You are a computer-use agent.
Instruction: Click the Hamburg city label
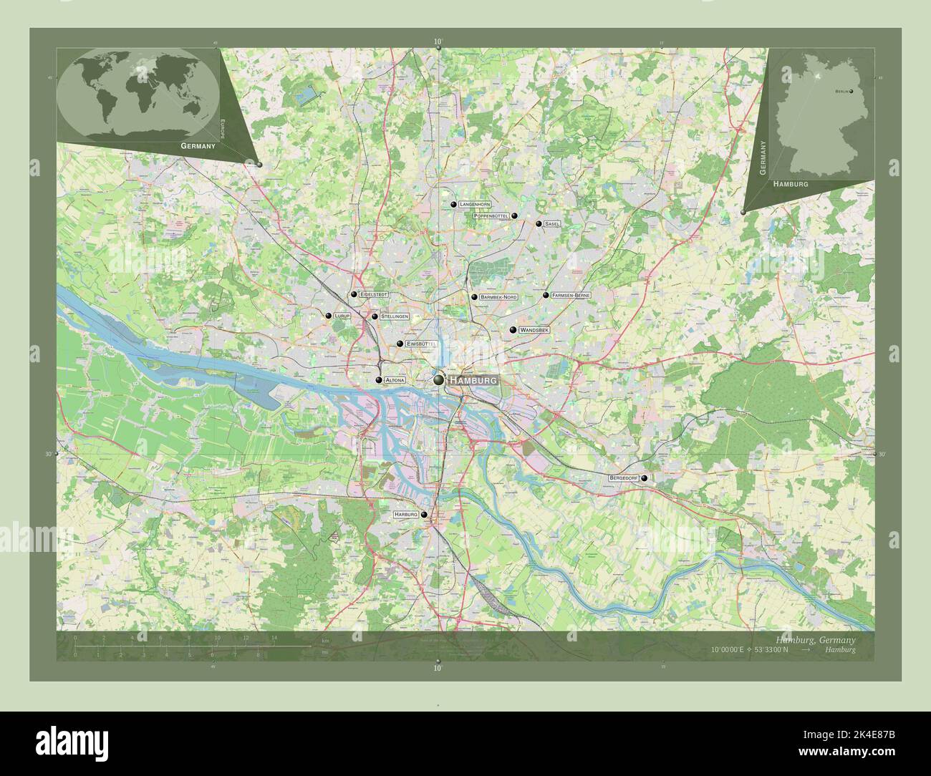point(473,382)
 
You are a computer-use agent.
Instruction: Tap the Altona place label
point(395,380)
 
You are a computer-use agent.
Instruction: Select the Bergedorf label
point(623,477)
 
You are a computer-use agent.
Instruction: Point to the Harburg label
point(405,515)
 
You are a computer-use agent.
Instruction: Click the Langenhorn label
point(475,205)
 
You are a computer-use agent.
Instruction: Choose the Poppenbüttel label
point(491,215)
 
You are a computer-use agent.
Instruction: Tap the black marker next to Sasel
point(539,223)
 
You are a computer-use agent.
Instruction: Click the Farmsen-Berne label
point(571,295)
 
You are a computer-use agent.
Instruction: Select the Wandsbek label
point(534,330)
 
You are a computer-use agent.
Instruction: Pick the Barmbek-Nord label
point(499,297)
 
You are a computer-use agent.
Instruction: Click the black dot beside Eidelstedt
point(354,294)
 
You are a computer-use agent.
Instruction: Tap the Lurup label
point(342,316)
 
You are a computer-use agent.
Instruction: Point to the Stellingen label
point(395,316)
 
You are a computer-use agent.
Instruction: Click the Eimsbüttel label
point(421,344)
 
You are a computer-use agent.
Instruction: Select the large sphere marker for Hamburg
point(438,381)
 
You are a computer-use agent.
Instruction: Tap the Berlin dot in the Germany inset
point(852,91)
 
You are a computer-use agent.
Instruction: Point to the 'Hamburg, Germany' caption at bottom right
point(815,639)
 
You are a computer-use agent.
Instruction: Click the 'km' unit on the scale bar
point(325,640)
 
